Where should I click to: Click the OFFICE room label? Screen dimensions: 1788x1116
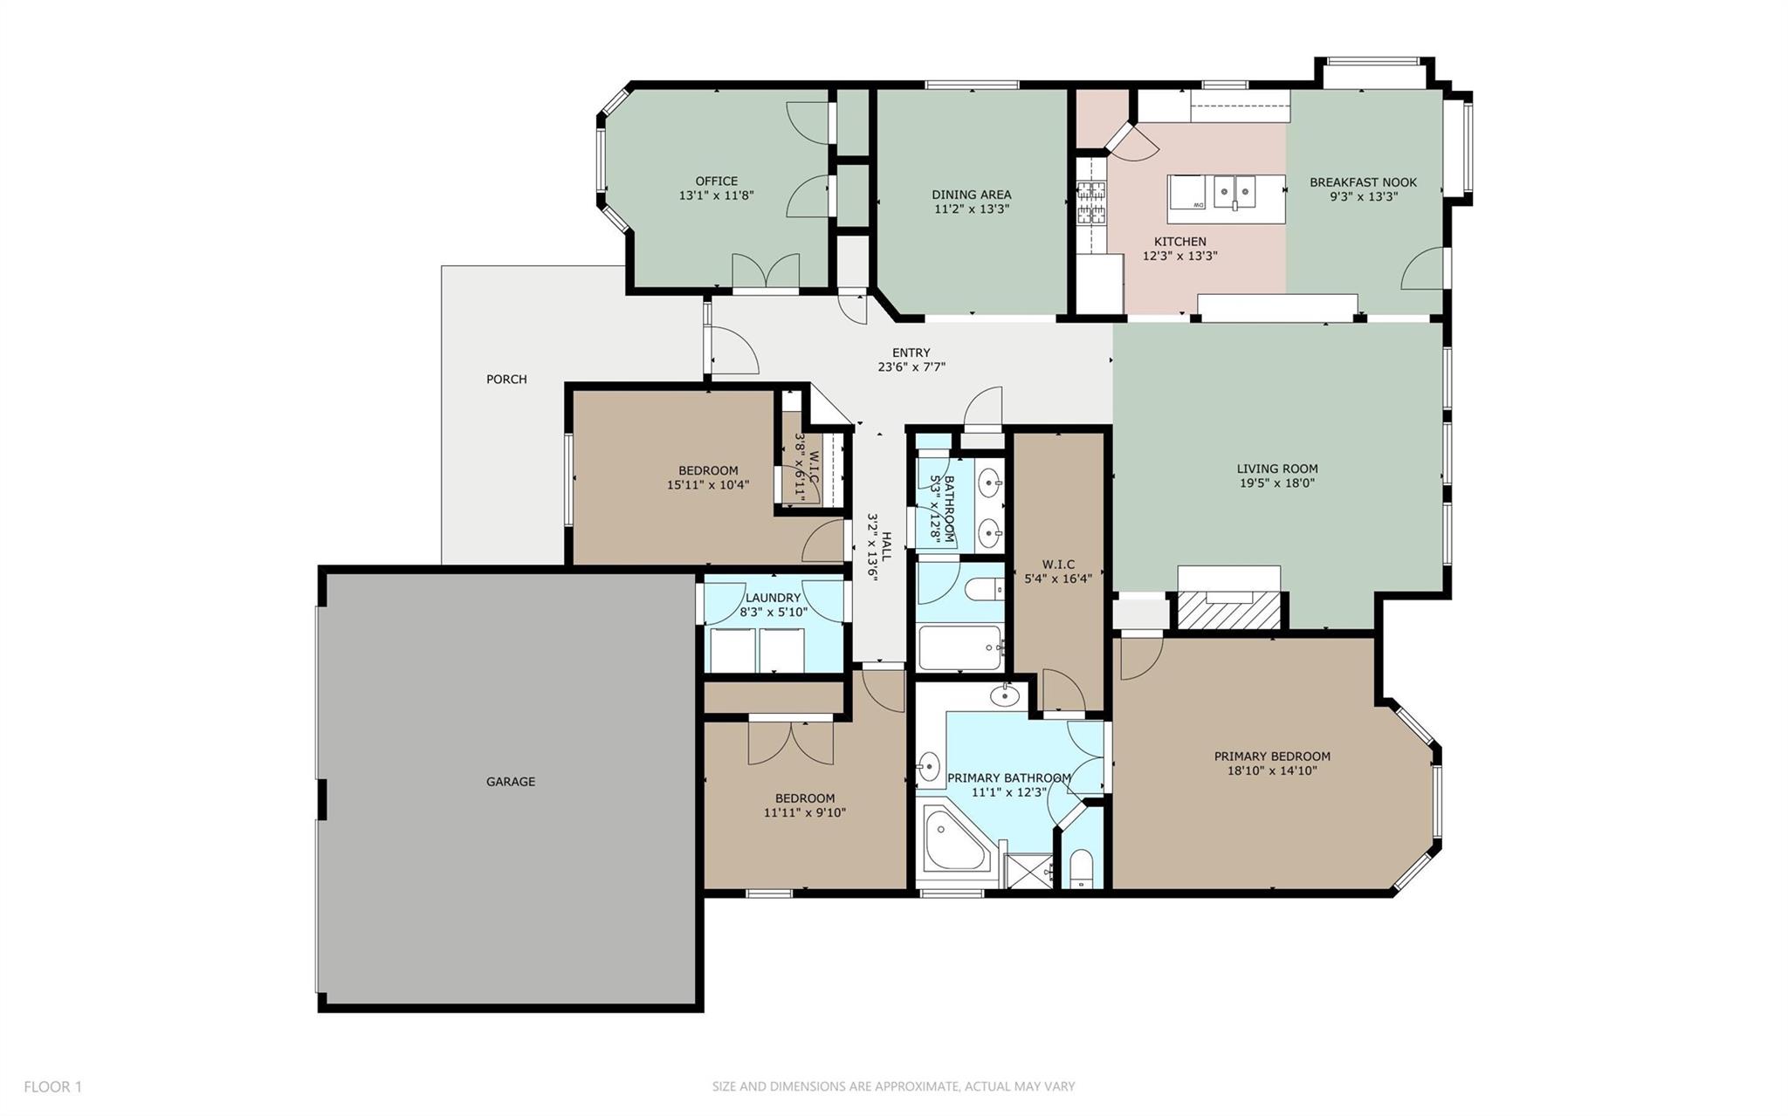point(716,181)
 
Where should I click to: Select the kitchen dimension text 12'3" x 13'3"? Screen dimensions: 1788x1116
point(1180,257)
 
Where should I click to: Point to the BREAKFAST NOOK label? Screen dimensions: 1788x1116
point(1363,182)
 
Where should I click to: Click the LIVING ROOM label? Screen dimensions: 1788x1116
point(1276,469)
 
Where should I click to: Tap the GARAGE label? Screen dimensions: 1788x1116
point(511,782)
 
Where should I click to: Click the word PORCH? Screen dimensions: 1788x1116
point(506,380)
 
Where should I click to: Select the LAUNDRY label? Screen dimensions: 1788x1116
point(773,598)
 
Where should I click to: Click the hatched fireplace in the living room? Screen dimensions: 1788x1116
point(1228,609)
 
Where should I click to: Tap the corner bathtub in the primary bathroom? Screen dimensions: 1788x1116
point(956,840)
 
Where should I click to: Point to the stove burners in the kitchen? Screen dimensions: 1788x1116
point(1090,202)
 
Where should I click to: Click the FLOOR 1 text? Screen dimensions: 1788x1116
point(52,1087)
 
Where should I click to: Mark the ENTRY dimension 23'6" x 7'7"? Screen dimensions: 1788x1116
point(911,367)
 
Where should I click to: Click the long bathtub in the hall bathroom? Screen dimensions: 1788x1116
point(959,648)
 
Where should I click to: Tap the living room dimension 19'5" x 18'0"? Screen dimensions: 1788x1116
point(1276,483)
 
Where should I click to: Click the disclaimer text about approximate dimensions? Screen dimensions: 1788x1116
point(893,1087)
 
